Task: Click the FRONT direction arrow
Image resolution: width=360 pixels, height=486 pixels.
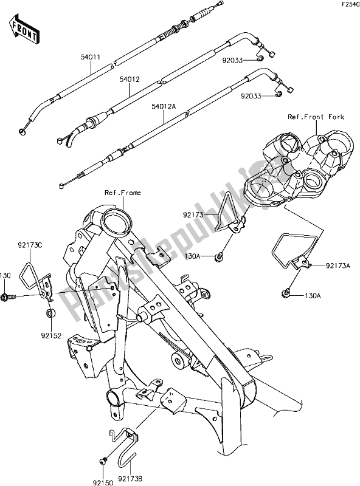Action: point(24,29)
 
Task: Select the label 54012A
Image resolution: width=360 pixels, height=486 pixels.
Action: point(164,107)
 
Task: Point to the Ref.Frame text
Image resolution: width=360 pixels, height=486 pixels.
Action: point(123,193)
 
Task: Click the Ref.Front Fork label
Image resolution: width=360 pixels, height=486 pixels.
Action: point(316,117)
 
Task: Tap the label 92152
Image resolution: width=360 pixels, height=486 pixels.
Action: point(52,335)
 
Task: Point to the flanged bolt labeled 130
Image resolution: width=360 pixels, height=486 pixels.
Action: point(9,298)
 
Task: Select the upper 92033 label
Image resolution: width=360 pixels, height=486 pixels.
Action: point(232,60)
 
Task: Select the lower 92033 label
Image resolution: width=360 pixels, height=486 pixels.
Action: point(251,97)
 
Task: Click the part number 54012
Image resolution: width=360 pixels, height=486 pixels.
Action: point(130,80)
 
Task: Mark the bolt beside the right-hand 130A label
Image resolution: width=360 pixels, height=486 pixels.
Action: point(286,292)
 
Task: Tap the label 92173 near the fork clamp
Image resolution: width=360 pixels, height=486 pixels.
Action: point(193,214)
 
